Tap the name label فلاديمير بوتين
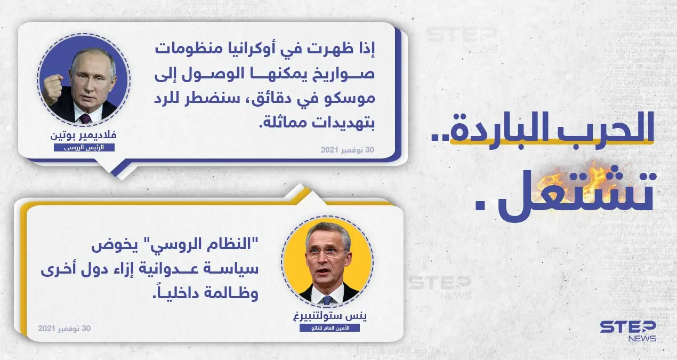pos(84,135)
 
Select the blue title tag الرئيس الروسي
pos(84,147)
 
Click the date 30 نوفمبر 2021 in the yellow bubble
pos(65,329)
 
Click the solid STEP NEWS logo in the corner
pos(628,331)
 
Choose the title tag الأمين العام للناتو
pos(327,327)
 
